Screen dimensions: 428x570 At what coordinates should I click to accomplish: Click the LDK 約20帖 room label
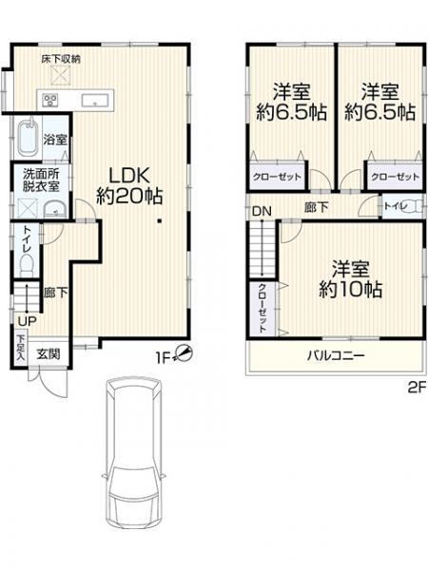pyautogui.click(x=129, y=186)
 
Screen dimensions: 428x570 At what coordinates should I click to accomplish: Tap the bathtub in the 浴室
pyautogui.click(x=28, y=139)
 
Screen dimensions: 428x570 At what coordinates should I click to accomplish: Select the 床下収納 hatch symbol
pyautogui.click(x=60, y=76)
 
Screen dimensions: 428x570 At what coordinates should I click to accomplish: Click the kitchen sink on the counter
pyautogui.click(x=94, y=100)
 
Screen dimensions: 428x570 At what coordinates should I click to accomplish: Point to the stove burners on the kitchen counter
pyautogui.click(x=50, y=100)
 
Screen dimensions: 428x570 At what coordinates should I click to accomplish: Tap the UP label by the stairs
pyautogui.click(x=27, y=321)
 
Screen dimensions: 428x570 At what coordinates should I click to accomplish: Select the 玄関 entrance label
pyautogui.click(x=49, y=354)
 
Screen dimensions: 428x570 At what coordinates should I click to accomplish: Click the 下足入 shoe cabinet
pyautogui.click(x=21, y=350)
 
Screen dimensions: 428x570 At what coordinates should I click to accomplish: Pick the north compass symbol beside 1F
pyautogui.click(x=185, y=352)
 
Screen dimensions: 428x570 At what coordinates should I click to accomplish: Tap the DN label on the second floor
pyautogui.click(x=262, y=211)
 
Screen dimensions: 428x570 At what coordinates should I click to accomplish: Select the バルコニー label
pyautogui.click(x=336, y=355)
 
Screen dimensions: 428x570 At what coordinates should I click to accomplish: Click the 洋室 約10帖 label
pyautogui.click(x=350, y=279)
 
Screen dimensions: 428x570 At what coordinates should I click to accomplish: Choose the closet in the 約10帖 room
pyautogui.click(x=263, y=308)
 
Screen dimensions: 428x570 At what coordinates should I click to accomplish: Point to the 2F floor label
pyautogui.click(x=417, y=389)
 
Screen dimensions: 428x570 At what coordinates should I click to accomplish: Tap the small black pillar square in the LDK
pyautogui.click(x=159, y=220)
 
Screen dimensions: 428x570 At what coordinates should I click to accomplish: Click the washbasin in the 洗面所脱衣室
pyautogui.click(x=54, y=210)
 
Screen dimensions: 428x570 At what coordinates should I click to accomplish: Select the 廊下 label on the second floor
pyautogui.click(x=317, y=207)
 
